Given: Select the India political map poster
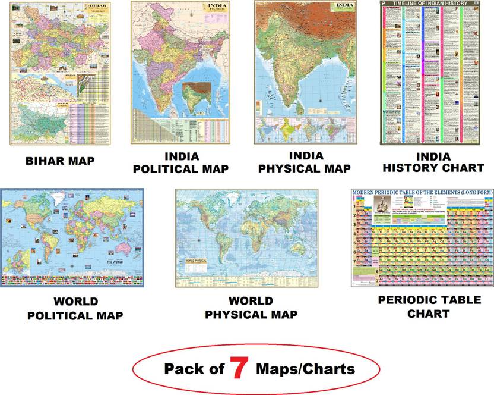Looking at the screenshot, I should click(x=180, y=73).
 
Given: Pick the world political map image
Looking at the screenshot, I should click(x=71, y=237).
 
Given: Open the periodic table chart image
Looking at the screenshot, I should click(x=422, y=238).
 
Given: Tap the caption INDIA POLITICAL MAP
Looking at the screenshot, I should click(x=180, y=162).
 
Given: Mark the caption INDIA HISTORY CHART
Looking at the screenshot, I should click(x=433, y=161).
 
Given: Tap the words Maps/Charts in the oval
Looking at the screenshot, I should click(x=305, y=369).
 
